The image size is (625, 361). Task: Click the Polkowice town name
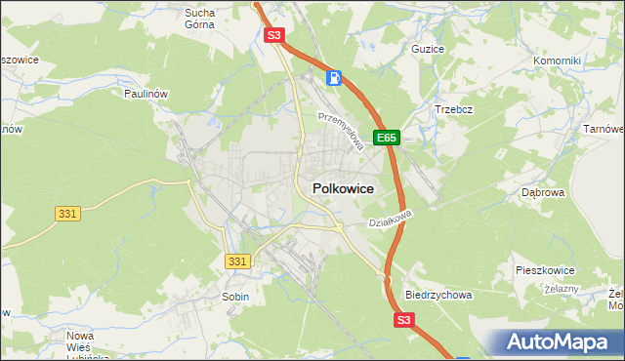click(x=342, y=188)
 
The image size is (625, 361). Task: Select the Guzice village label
click(x=428, y=48)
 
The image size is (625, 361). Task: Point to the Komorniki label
click(x=557, y=60)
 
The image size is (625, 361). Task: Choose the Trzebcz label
click(x=453, y=109)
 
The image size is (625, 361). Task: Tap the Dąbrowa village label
click(x=544, y=193)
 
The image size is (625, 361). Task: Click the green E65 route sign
click(x=387, y=139)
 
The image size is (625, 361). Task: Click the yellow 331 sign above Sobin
click(x=237, y=261)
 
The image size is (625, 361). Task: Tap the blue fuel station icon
click(x=334, y=76)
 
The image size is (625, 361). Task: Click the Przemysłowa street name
click(x=341, y=131)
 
